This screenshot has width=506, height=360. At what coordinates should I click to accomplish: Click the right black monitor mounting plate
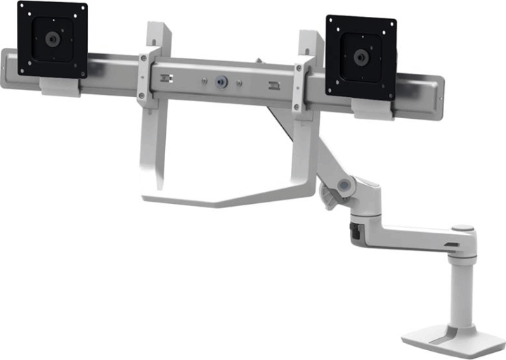[x=361, y=56]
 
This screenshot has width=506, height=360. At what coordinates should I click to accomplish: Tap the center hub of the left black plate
[x=52, y=39]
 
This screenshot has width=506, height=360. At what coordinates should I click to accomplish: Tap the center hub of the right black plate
[x=361, y=56]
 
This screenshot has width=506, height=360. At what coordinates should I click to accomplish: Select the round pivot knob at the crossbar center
[x=223, y=83]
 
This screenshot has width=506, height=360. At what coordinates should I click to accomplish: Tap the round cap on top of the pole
[x=462, y=229]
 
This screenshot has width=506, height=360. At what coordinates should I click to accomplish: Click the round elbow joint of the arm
[x=344, y=186]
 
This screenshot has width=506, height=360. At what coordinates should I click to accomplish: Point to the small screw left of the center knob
[x=203, y=82]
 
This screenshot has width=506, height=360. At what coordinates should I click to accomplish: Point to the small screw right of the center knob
[x=241, y=86]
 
